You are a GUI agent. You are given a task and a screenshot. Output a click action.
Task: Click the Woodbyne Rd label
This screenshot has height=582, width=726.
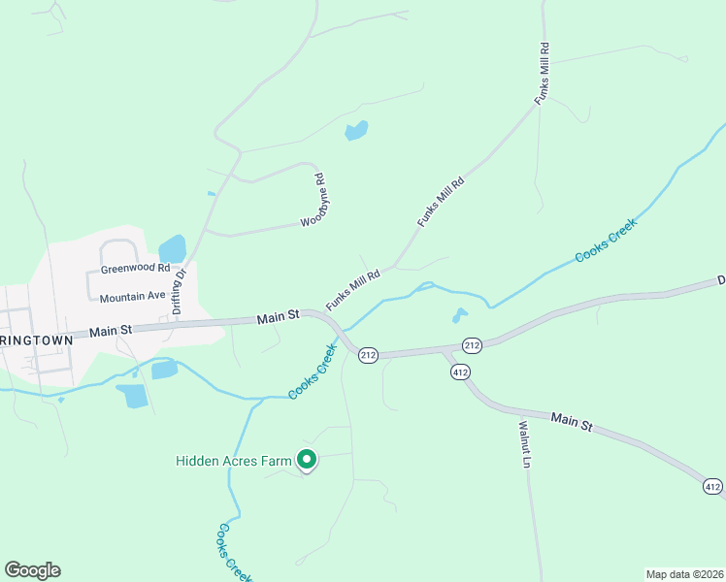point(313,200)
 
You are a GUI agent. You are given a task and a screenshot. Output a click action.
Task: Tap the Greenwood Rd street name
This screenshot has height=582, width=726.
point(135,268)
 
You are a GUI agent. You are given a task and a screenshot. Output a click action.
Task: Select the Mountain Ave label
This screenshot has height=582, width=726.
point(133,296)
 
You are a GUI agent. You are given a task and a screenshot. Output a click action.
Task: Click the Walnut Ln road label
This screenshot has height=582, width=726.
point(525,444)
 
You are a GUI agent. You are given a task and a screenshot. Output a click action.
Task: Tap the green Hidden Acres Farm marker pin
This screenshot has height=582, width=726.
point(307,461)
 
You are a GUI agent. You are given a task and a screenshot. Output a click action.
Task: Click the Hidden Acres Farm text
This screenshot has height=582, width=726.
point(234,461)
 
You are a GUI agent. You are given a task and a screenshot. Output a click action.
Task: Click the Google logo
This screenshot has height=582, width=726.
point(32,570)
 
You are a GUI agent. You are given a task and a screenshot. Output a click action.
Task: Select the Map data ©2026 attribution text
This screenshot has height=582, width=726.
point(684,573)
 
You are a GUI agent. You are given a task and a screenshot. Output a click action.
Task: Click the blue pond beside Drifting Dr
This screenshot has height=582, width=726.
point(172,248)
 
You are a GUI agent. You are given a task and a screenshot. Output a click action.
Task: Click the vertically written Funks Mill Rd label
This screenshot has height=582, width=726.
point(544,73)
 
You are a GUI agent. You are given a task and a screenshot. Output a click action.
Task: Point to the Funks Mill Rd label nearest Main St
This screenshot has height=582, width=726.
point(352,289)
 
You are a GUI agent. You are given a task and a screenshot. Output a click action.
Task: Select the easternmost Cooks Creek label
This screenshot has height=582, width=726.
point(606,241)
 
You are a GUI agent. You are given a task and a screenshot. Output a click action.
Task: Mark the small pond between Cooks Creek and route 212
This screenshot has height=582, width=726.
point(459,315)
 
